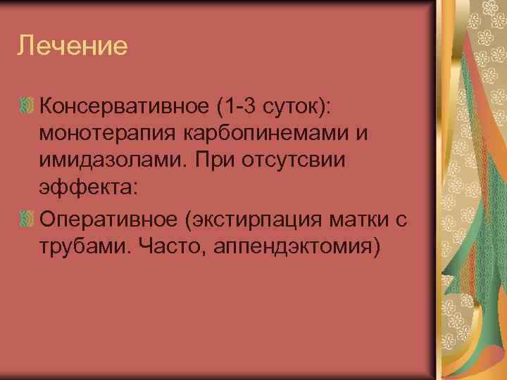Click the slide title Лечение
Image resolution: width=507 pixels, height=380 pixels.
click(x=73, y=46)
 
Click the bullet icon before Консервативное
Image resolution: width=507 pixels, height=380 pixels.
click(x=27, y=106)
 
